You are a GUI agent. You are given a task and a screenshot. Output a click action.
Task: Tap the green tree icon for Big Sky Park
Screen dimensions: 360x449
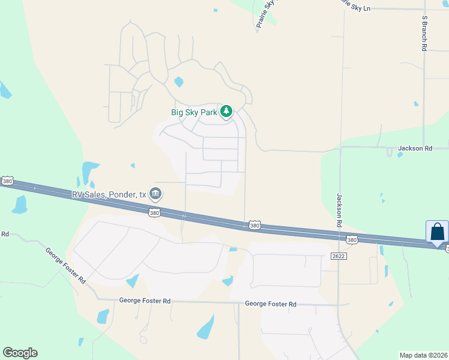pos(226,111)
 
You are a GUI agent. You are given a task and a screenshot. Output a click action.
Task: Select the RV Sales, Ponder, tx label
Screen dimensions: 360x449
pos(109,194)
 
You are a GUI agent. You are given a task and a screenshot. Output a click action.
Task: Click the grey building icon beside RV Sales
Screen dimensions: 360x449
pos(155,193)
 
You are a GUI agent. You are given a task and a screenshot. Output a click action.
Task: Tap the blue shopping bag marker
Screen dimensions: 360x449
pos(437,233)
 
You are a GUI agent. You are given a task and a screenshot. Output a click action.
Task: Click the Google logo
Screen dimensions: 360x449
pos(20,353)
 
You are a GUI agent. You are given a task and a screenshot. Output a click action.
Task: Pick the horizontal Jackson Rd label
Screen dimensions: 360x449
pos(415,148)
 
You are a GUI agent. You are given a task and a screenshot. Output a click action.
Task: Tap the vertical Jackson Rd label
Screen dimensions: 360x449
pos(339,210)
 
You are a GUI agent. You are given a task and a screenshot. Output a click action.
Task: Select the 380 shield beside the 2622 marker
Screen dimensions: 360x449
pos(352,240)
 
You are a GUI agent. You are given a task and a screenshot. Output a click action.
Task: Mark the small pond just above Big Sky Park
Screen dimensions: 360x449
pos(178,82)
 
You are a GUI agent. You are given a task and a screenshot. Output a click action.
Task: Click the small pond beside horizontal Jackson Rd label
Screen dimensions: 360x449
pos(400,155)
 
